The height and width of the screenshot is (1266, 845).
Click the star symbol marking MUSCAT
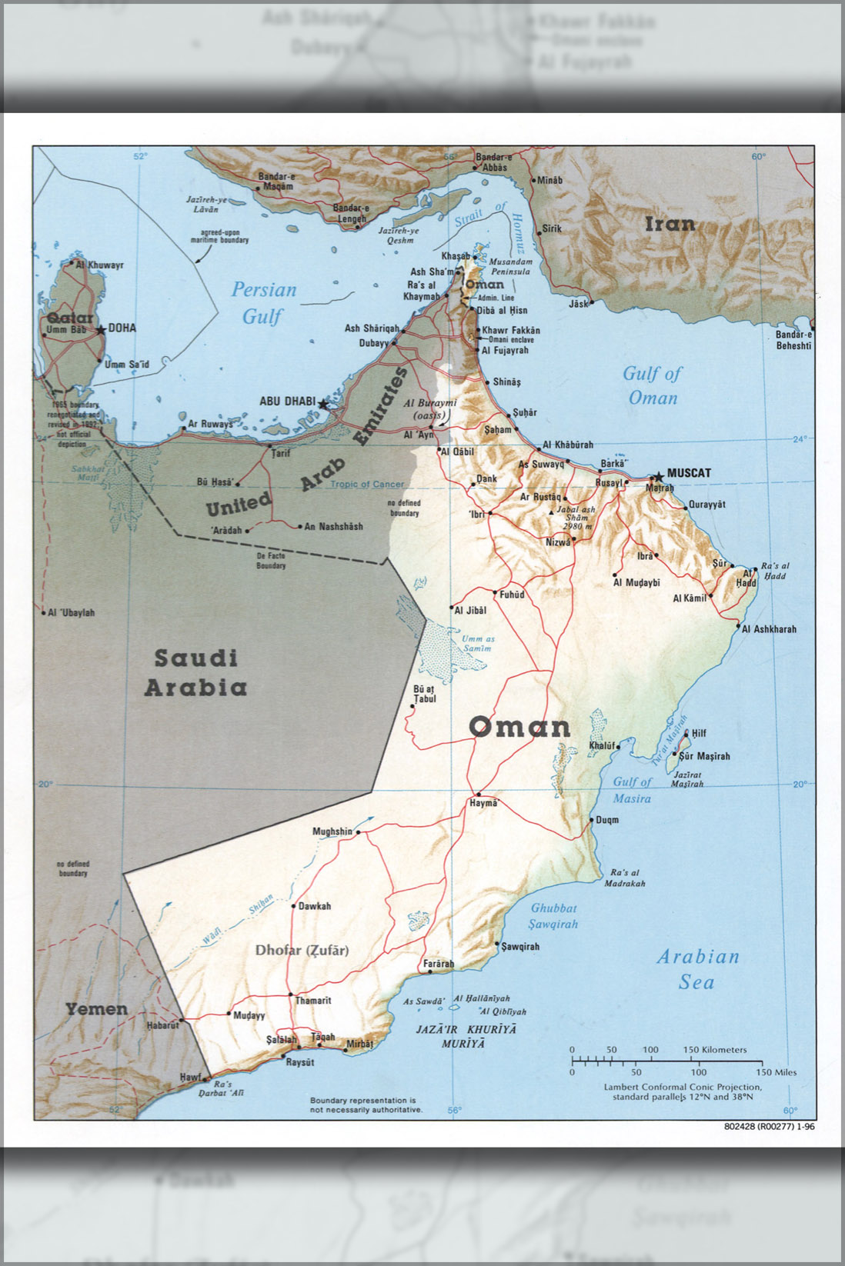tap(658, 477)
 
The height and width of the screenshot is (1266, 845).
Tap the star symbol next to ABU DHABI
tap(322, 404)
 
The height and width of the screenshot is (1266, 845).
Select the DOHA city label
tap(122, 328)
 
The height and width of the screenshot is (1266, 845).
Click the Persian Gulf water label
tap(264, 302)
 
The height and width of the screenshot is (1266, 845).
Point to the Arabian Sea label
tap(697, 969)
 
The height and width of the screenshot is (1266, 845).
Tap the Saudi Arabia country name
tap(196, 672)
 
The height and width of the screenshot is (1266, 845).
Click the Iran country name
tap(670, 224)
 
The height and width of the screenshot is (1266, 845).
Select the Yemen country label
tap(96, 1009)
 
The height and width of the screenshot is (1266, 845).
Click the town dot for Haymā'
tap(479, 794)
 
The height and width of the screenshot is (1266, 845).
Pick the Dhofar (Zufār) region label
tap(302, 951)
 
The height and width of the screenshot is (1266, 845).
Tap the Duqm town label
tap(607, 820)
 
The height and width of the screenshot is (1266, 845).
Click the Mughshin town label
tap(332, 831)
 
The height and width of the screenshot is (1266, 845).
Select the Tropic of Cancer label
tap(367, 485)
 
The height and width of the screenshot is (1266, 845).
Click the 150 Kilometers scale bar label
tap(715, 1050)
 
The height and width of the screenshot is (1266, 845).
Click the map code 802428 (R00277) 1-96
tap(769, 1127)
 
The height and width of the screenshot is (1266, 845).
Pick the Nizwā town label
tap(558, 542)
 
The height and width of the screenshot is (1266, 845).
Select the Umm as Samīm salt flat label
tap(478, 644)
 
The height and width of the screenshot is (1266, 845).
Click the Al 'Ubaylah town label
tap(72, 613)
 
